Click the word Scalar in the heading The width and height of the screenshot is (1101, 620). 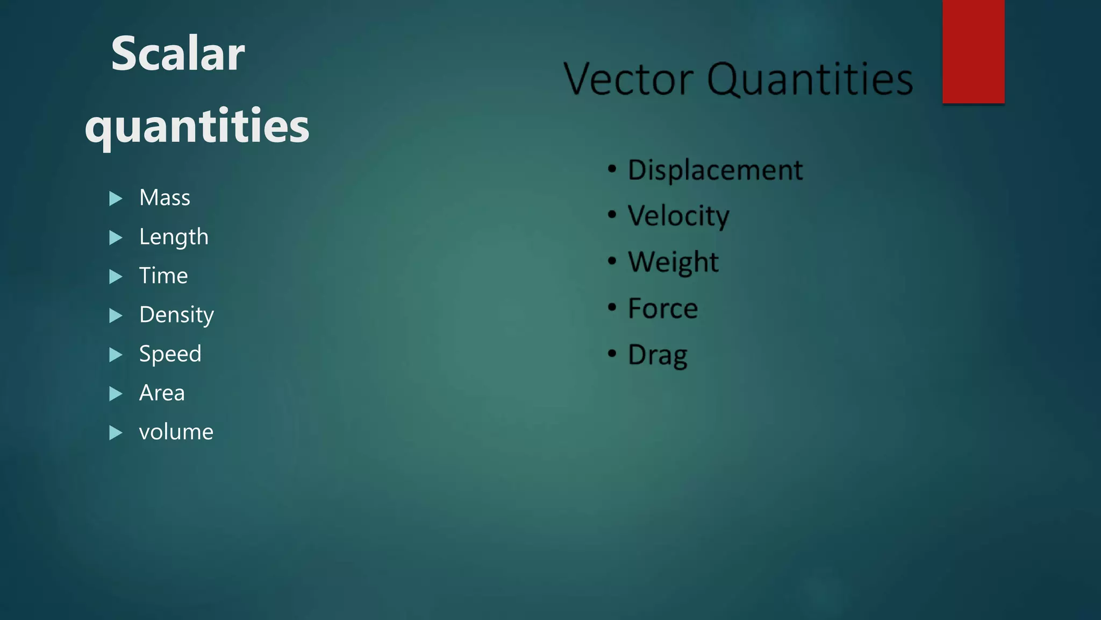click(x=177, y=54)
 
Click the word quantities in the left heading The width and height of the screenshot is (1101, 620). click(x=197, y=126)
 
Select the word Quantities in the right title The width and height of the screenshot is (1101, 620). click(x=810, y=80)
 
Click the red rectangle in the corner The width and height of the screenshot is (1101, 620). click(x=973, y=51)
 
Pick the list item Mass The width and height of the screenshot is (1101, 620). click(x=165, y=198)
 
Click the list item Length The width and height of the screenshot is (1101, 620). click(x=174, y=237)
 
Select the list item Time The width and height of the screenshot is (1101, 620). click(x=163, y=276)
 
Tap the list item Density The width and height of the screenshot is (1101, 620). click(x=176, y=315)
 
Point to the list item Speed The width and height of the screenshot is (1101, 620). click(x=170, y=354)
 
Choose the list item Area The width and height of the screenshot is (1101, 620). click(x=162, y=393)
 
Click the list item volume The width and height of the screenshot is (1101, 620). click(x=176, y=432)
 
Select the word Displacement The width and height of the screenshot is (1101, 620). click(x=715, y=171)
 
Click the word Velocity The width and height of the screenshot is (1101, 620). click(x=678, y=216)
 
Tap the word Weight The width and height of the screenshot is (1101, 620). click(x=673, y=263)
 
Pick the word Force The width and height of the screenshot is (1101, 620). click(x=663, y=309)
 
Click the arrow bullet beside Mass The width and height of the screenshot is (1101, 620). click(x=115, y=199)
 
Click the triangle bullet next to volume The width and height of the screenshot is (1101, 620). click(x=115, y=433)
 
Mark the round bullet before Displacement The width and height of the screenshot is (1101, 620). click(x=612, y=169)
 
